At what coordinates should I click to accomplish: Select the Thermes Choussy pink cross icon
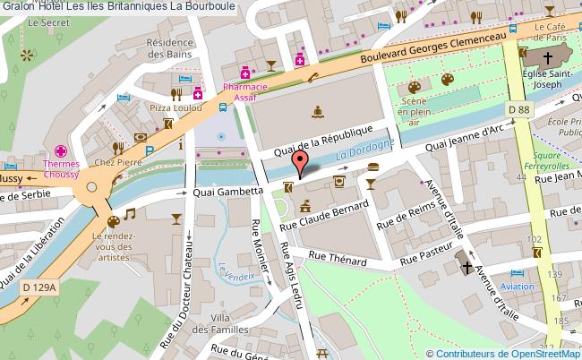tap(62, 151)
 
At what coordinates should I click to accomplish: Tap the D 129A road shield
tap(39, 287)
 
